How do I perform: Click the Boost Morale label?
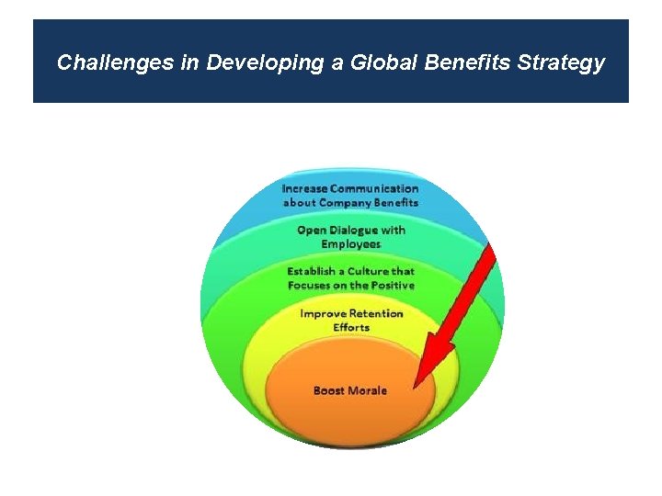[350, 390]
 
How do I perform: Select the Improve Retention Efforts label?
[351, 321]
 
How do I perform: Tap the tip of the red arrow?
[417, 385]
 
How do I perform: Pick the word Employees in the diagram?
[350, 244]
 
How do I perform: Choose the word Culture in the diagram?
[365, 272]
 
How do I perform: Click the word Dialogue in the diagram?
[353, 231]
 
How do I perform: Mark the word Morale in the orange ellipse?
[368, 390]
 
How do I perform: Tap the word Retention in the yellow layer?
[375, 314]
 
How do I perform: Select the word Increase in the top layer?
[304, 189]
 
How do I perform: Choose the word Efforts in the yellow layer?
[351, 328]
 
